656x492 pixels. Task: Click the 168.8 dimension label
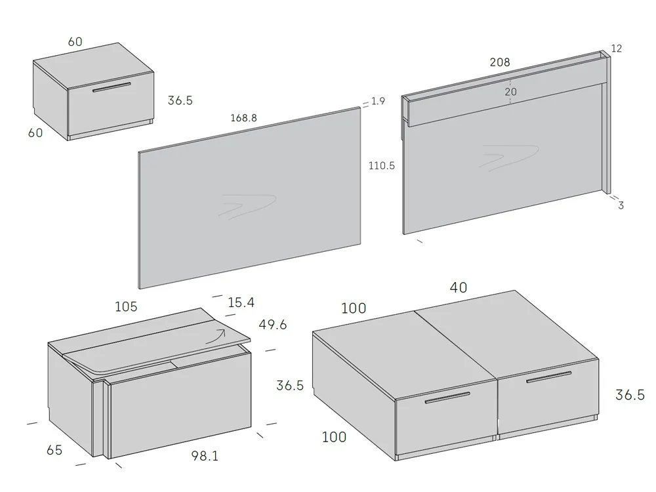[243, 119]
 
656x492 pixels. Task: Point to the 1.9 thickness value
[378, 101]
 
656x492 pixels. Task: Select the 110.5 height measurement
[381, 166]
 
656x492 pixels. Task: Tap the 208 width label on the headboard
[499, 62]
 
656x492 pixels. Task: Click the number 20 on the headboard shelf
[510, 92]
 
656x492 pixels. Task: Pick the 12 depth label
[616, 49]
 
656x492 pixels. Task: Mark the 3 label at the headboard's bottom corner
[621, 205]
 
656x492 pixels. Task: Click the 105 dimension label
[126, 307]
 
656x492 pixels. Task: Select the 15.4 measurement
[241, 302]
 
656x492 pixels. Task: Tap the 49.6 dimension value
[272, 325]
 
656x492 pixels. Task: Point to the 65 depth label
[54, 450]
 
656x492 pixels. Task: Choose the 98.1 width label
[205, 455]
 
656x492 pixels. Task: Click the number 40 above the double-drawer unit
[459, 287]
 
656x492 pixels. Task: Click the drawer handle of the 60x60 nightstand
[111, 87]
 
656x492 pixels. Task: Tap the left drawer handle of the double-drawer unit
[447, 398]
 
